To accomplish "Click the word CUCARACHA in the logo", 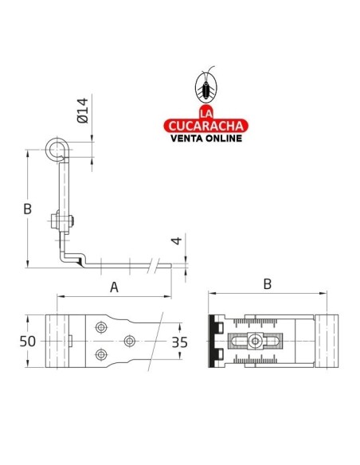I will coord(205,124).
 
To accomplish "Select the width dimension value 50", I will coord(29,341).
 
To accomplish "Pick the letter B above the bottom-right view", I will coord(268,283).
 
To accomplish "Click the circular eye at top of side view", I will coord(57,149).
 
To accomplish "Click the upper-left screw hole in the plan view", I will coord(99,327).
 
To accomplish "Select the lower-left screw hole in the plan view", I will coord(99,354).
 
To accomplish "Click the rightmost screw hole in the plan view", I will coord(130,341).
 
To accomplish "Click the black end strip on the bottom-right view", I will coord(213,341).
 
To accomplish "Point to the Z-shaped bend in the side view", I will coord(72,256).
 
